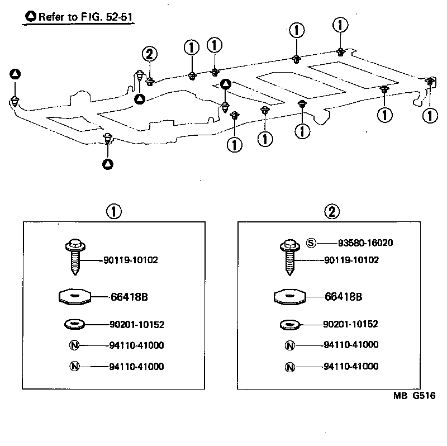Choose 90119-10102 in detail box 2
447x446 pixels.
coord(351,260)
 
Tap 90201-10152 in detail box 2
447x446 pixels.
coord(351,324)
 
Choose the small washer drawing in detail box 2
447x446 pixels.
coord(289,324)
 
